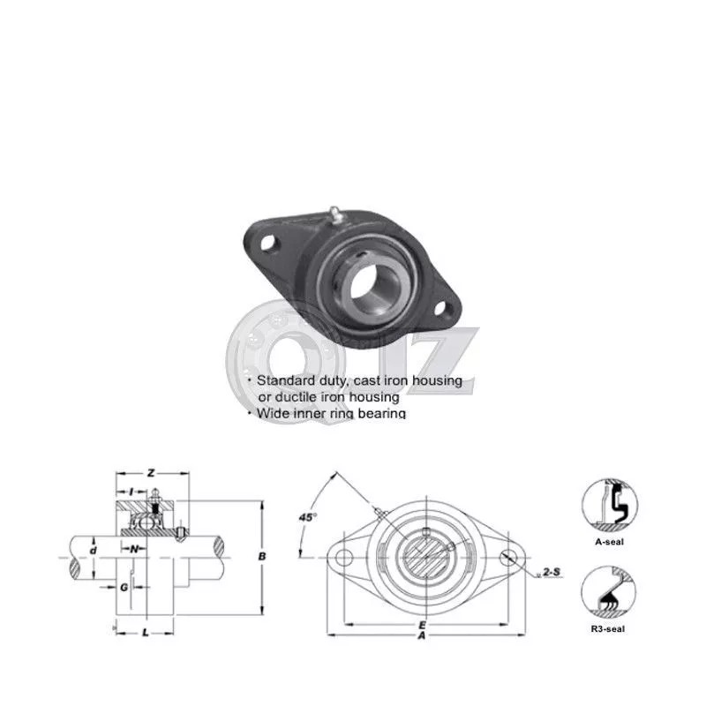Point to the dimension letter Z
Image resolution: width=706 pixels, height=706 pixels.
pos(151,474)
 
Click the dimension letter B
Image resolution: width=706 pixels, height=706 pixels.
pos(261,557)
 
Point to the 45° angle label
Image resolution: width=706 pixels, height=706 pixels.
pos(308,517)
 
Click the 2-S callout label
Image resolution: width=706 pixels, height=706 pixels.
pos(552,573)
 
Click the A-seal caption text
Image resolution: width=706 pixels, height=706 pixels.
pos(609,542)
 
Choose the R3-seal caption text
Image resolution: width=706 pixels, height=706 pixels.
pos(609,628)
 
